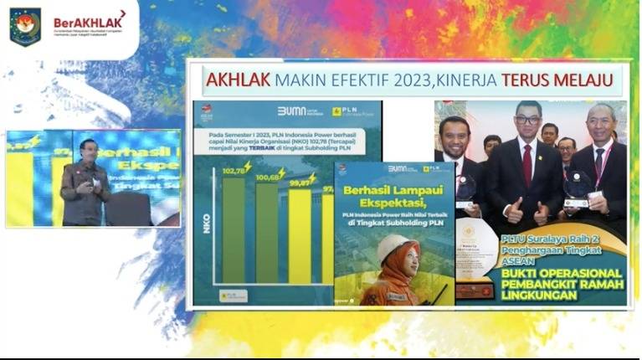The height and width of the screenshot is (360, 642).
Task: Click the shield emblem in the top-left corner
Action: [x=25, y=26]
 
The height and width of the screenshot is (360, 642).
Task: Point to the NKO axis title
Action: [x=206, y=222]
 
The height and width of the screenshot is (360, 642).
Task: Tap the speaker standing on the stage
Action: [x=84, y=184]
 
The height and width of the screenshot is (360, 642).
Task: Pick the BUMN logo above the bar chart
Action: [x=295, y=111]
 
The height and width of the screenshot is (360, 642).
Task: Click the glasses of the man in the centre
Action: [x=526, y=120]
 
